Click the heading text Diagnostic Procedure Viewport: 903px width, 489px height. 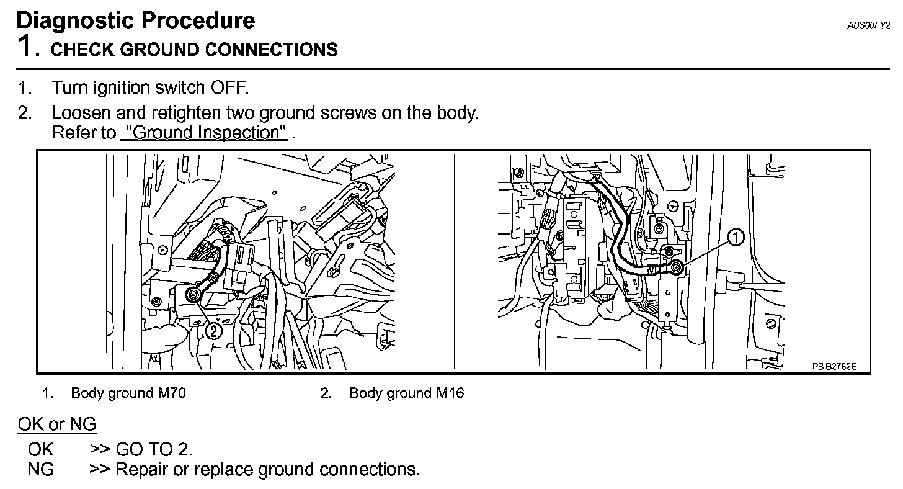pyautogui.click(x=135, y=20)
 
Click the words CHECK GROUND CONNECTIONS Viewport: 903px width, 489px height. pyautogui.click(x=194, y=50)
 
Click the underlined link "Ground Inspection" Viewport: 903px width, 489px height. pyautogui.click(x=204, y=133)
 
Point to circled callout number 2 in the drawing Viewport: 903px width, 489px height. pyautogui.click(x=212, y=331)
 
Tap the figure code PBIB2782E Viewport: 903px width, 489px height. pyautogui.click(x=834, y=366)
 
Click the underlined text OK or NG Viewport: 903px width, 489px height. pyautogui.click(x=57, y=424)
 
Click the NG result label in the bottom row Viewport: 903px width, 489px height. pyautogui.click(x=40, y=470)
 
